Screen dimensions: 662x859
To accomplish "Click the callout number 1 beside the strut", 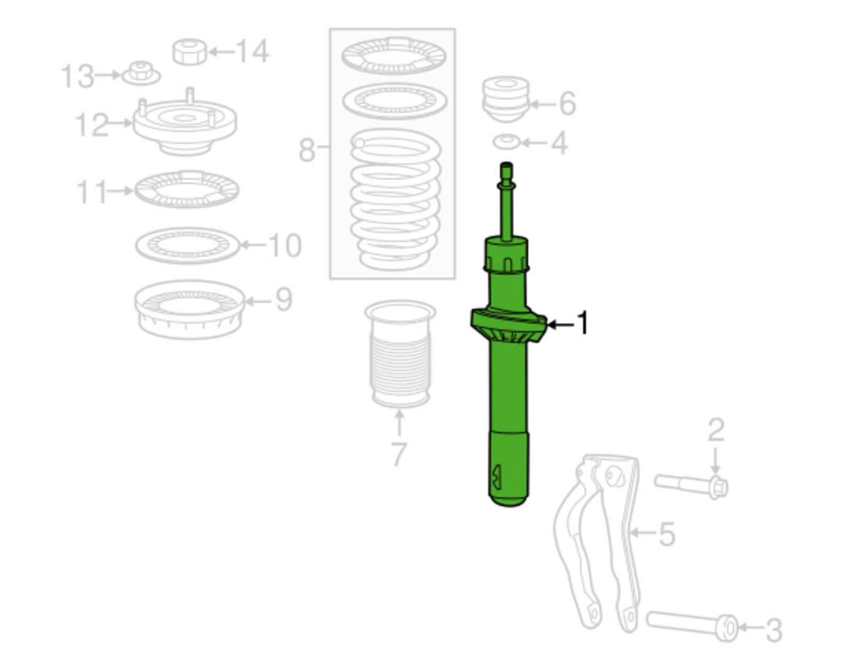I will click(583, 322).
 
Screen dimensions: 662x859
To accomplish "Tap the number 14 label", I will click(252, 51).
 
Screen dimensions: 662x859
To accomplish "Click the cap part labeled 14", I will click(189, 51).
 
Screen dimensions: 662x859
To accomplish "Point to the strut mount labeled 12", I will click(184, 126).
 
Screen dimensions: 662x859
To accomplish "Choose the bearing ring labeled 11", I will click(186, 189).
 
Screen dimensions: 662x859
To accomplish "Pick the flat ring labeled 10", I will click(187, 245).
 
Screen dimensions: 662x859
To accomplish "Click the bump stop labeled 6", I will click(505, 98).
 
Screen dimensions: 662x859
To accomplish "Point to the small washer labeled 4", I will click(506, 142).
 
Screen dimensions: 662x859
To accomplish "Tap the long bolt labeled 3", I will click(692, 623).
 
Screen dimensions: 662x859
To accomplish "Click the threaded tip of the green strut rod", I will click(506, 170).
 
